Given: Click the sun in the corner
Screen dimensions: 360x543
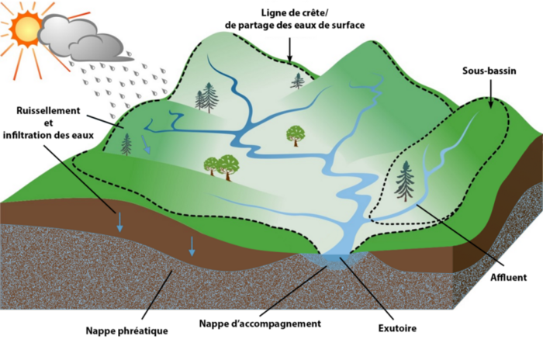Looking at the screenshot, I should tap(21, 25).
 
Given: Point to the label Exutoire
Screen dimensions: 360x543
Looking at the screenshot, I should tap(398, 327).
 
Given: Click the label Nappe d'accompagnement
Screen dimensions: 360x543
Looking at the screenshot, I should tap(259, 323).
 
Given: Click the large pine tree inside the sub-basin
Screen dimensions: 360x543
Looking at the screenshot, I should tap(405, 182).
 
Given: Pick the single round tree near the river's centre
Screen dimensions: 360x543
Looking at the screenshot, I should tap(296, 135).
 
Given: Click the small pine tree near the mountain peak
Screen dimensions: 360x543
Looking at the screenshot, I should tap(298, 80).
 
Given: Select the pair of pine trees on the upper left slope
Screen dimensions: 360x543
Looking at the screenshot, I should tap(207, 98).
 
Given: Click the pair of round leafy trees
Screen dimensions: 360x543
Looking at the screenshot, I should tap(222, 165).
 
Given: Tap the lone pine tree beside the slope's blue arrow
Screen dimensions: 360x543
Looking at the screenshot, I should tap(126, 144).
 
